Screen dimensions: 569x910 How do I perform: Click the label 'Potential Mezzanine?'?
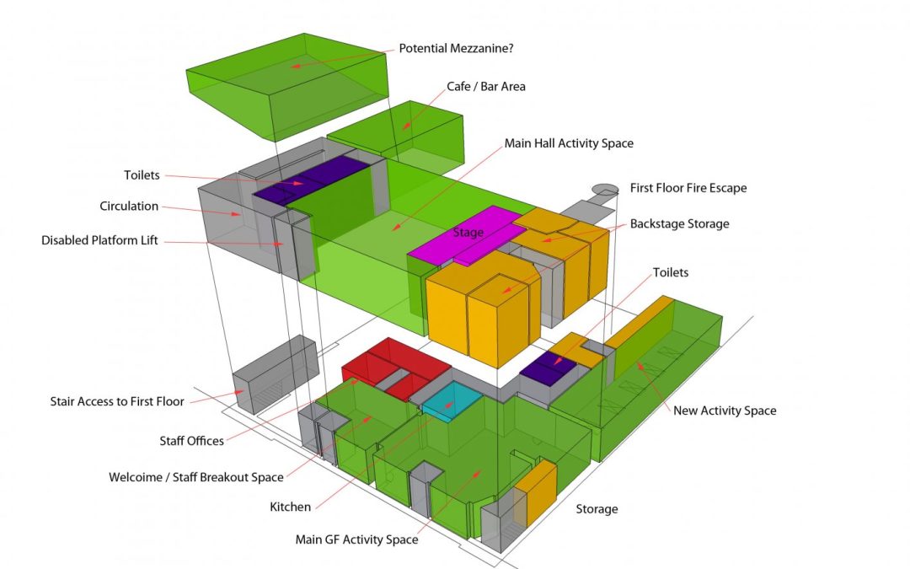456,48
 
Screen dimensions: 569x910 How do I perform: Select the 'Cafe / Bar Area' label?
485,86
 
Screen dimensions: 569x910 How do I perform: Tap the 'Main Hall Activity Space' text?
569,143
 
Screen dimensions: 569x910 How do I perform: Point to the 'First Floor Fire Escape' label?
688,188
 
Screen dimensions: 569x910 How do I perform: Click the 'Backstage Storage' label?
679,223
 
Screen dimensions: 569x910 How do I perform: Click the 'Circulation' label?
128,206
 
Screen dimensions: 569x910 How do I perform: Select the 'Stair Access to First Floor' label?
117,401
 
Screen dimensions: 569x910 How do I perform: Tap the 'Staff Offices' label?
192,441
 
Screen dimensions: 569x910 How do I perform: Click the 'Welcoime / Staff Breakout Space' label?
195,477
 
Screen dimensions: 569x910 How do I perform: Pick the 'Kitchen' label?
290,507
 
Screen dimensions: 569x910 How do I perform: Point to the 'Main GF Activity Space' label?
356,539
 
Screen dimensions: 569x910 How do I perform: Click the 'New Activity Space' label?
725,411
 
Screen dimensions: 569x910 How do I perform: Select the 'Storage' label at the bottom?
597,509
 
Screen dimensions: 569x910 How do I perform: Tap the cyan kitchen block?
452,397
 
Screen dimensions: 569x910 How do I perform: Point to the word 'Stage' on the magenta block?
468,232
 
